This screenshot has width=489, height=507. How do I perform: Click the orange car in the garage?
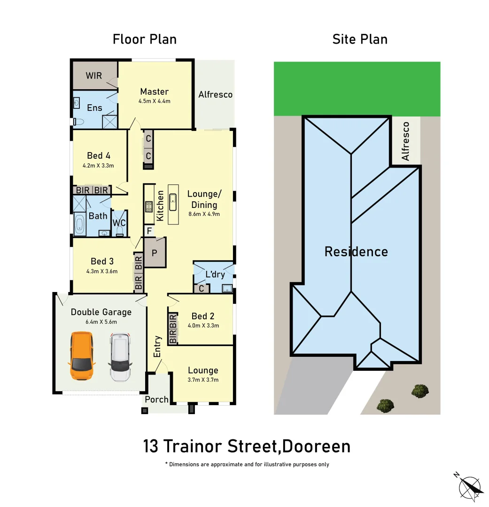point(82,356)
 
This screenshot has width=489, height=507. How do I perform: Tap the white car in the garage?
point(121,357)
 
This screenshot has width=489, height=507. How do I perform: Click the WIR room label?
point(93,75)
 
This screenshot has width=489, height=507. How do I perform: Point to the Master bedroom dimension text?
point(154,101)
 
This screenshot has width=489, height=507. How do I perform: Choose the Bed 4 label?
point(99,156)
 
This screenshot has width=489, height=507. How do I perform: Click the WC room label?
point(119,223)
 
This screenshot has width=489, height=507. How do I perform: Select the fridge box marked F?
point(149,231)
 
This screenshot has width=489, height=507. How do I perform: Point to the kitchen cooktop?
point(149,207)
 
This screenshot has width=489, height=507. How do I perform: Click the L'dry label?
point(215,275)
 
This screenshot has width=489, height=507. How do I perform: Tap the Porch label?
point(156,399)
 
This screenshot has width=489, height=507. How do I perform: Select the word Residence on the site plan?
point(356,252)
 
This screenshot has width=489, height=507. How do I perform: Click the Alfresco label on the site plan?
point(405,141)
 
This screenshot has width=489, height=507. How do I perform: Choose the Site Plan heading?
point(360,39)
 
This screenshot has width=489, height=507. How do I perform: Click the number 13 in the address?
point(151,446)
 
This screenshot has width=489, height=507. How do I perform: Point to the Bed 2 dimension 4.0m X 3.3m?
point(203,325)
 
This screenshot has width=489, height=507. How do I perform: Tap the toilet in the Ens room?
point(78,122)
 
